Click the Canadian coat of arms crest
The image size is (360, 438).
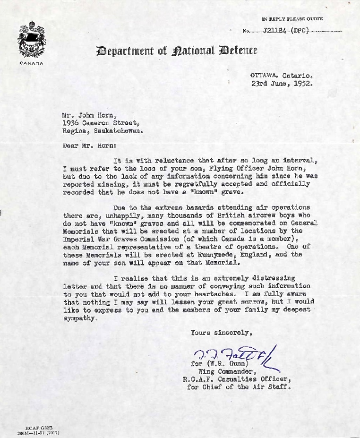coord(32,40)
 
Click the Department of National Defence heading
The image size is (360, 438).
coord(177,51)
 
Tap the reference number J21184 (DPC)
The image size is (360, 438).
coord(286,31)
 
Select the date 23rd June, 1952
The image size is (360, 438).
coord(282,83)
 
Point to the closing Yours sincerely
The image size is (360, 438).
coord(221,333)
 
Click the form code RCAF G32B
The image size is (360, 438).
coord(39,427)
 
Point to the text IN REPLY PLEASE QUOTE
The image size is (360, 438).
coord(292,19)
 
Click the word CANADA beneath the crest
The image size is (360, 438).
coord(32,63)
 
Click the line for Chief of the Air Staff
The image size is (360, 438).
coord(239,387)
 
